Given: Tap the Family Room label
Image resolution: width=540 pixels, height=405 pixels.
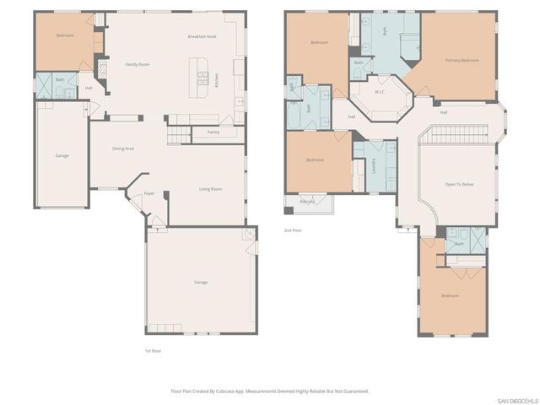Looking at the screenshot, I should pyautogui.click(x=138, y=64).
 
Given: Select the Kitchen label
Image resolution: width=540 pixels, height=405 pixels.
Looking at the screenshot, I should pyautogui.click(x=216, y=80).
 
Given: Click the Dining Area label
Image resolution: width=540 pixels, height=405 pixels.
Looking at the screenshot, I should pyautogui.click(x=123, y=148).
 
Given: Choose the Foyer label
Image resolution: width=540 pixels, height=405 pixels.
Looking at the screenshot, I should pyautogui.click(x=148, y=193).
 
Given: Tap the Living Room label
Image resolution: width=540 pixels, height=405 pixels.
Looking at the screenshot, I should pyautogui.click(x=210, y=189).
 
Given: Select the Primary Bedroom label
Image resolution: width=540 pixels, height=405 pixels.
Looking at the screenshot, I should pyautogui.click(x=462, y=60).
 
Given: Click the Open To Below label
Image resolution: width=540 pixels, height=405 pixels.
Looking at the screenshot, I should pyautogui.click(x=459, y=184).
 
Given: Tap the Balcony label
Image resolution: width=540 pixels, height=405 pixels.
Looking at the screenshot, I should pyautogui.click(x=308, y=202).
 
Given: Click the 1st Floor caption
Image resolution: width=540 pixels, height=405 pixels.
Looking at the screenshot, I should pyautogui.click(x=154, y=350).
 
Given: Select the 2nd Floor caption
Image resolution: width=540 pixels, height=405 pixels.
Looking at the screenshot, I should pyautogui.click(x=293, y=229).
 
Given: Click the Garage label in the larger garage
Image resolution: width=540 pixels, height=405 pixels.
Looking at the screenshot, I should pyautogui.click(x=200, y=282).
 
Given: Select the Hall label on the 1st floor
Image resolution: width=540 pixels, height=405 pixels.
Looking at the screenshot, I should pyautogui.click(x=89, y=88).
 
